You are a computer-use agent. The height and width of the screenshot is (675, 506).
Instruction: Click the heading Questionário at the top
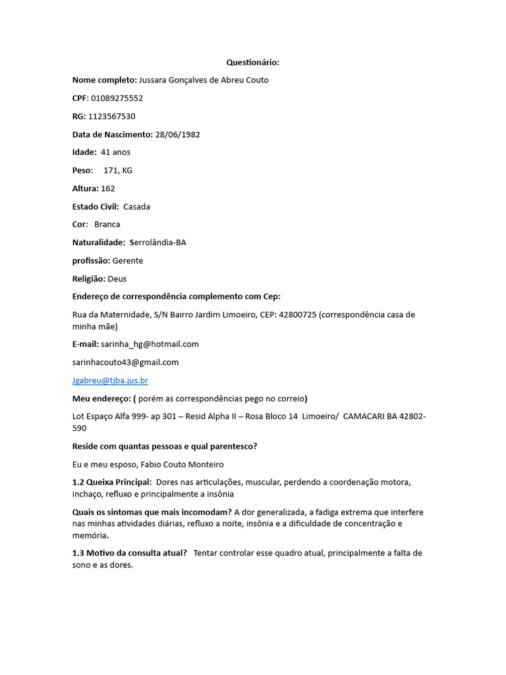tap(253, 62)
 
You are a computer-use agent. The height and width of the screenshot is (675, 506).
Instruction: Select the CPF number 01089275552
tap(117, 98)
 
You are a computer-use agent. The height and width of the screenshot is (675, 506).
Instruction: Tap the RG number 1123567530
tap(111, 116)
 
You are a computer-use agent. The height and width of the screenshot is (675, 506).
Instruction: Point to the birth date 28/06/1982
tap(177, 134)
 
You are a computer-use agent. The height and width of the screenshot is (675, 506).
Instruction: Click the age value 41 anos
tap(116, 152)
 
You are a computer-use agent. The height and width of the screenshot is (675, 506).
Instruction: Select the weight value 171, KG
tap(118, 170)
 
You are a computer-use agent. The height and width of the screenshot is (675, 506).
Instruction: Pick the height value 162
tap(108, 189)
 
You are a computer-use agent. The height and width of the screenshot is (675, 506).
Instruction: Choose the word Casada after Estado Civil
tap(136, 206)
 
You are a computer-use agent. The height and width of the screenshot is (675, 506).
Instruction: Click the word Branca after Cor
tap(107, 224)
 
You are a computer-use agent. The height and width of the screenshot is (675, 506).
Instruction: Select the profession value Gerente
tap(128, 260)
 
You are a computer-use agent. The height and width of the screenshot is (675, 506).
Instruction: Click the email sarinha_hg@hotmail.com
tap(150, 344)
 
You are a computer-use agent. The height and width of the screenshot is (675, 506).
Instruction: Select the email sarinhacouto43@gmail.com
tap(125, 362)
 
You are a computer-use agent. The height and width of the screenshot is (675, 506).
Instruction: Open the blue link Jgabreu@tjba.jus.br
tap(110, 380)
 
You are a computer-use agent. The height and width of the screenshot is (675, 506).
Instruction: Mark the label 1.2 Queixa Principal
tap(112, 482)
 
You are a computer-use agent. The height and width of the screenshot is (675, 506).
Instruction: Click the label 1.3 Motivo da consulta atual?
tap(130, 553)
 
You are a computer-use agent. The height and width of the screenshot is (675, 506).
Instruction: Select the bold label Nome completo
tap(104, 80)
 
